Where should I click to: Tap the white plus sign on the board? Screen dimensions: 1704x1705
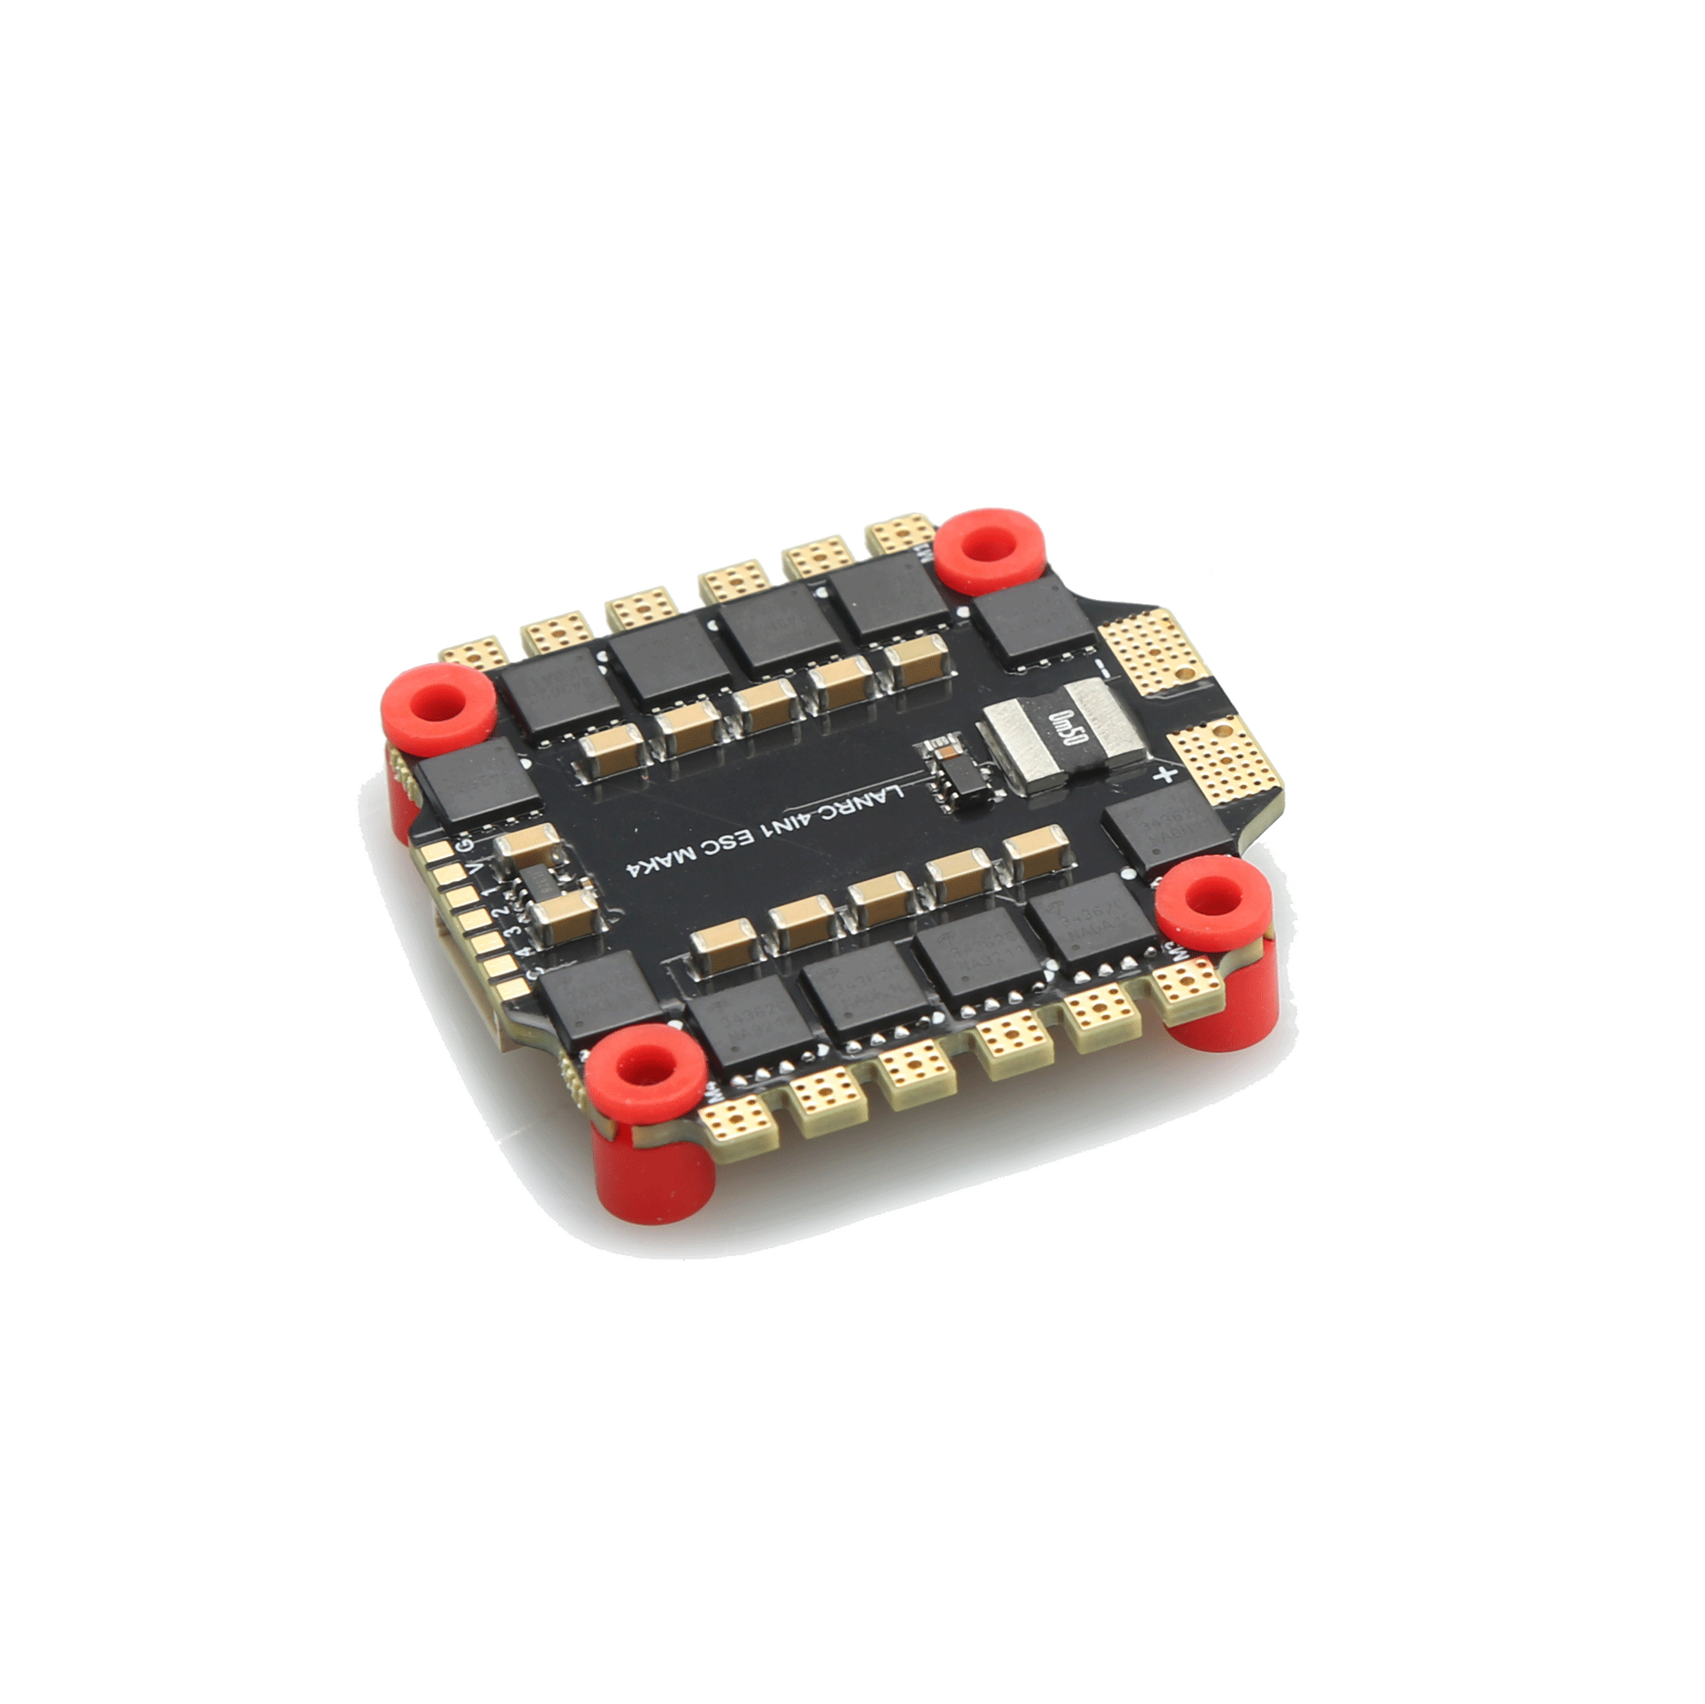1166,775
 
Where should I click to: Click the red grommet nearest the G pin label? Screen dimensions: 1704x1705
439,706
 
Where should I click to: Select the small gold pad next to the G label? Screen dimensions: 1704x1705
437,854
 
